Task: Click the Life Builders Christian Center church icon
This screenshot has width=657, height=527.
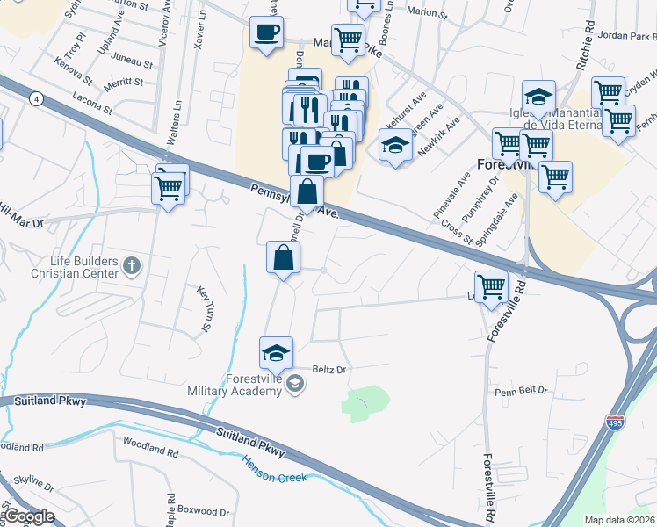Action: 132,264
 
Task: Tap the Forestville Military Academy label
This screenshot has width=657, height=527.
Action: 239,385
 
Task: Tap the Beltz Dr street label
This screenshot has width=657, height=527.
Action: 330,370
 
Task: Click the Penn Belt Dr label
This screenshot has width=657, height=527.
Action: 520,390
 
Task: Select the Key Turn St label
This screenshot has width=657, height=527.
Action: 206,310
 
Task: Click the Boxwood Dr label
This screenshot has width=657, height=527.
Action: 203,510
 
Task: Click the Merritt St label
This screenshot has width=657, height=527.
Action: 123,82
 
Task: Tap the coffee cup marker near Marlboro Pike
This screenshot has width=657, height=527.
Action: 267,34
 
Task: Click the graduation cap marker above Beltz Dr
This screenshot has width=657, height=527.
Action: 277,353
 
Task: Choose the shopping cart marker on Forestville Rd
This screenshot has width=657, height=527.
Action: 491,285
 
